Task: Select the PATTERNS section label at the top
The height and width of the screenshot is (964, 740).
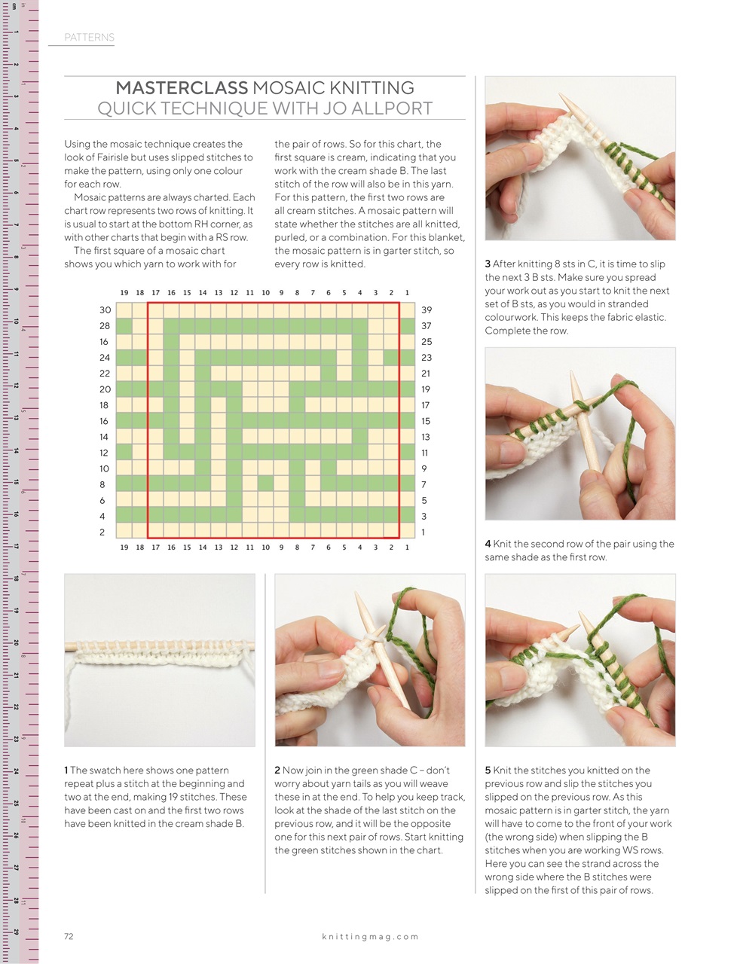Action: pyautogui.click(x=89, y=37)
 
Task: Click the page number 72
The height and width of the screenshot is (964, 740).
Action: pyautogui.click(x=69, y=936)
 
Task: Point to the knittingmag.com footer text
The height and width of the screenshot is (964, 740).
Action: pyautogui.click(x=369, y=936)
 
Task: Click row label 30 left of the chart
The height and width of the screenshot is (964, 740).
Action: pyautogui.click(x=104, y=310)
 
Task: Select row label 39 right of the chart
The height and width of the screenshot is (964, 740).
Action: pyautogui.click(x=427, y=310)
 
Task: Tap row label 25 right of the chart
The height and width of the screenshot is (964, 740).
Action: pyautogui.click(x=427, y=341)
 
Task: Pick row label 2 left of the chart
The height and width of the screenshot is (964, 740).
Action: pyautogui.click(x=102, y=532)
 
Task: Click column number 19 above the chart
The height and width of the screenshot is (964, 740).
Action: pyautogui.click(x=124, y=293)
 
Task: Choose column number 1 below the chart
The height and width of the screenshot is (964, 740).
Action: pyautogui.click(x=407, y=548)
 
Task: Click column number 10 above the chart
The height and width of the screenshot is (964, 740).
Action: pyautogui.click(x=265, y=293)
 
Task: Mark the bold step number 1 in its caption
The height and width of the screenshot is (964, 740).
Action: pyautogui.click(x=66, y=770)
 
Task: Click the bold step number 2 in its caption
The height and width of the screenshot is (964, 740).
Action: pyautogui.click(x=277, y=770)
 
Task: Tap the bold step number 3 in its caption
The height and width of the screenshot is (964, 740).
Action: pyautogui.click(x=488, y=264)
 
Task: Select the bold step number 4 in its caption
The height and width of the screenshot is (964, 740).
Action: pyautogui.click(x=488, y=544)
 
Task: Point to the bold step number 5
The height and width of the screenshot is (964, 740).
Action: pyautogui.click(x=488, y=770)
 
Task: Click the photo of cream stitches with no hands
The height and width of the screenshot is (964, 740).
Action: pyautogui.click(x=160, y=660)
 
